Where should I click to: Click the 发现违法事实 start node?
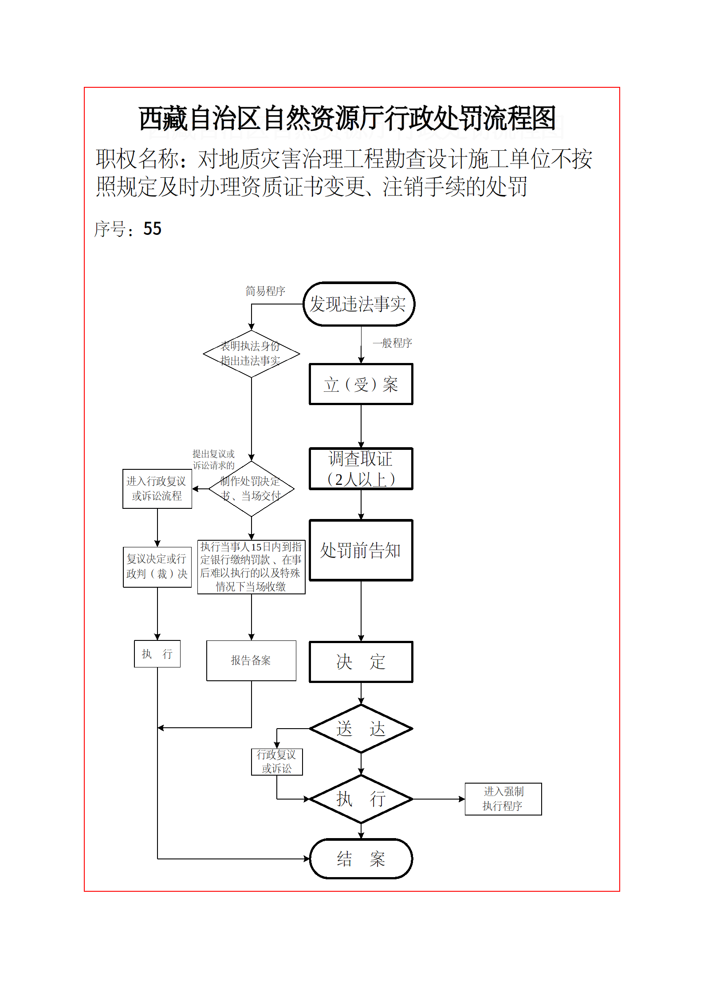pyautogui.click(x=358, y=304)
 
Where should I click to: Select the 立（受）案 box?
pyautogui.click(x=361, y=384)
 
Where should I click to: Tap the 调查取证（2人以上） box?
pyautogui.click(x=361, y=469)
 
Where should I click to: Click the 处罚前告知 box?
pyautogui.click(x=361, y=550)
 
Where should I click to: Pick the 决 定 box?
pyautogui.click(x=361, y=662)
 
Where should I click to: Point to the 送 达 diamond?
pyautogui.click(x=361, y=729)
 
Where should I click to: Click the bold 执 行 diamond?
pyautogui.click(x=361, y=799)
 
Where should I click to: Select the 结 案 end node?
pyautogui.click(x=361, y=858)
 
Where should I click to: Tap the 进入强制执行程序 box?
pyautogui.click(x=503, y=799)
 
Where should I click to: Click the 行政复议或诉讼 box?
pyautogui.click(x=277, y=761)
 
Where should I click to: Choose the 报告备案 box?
pyautogui.click(x=251, y=660)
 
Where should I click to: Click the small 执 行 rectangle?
pyautogui.click(x=157, y=654)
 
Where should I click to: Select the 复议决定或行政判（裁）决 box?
pyautogui.click(x=157, y=567)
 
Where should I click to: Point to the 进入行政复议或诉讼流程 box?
pyautogui.click(x=157, y=488)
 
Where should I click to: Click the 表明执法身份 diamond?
pyautogui.click(x=251, y=354)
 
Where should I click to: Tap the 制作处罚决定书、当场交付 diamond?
pyautogui.click(x=251, y=488)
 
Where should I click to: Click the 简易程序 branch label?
pyautogui.click(x=265, y=291)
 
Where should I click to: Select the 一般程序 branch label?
pyautogui.click(x=392, y=343)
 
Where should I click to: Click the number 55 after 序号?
pyautogui.click(x=152, y=229)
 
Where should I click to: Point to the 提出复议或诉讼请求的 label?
pyautogui.click(x=213, y=460)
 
